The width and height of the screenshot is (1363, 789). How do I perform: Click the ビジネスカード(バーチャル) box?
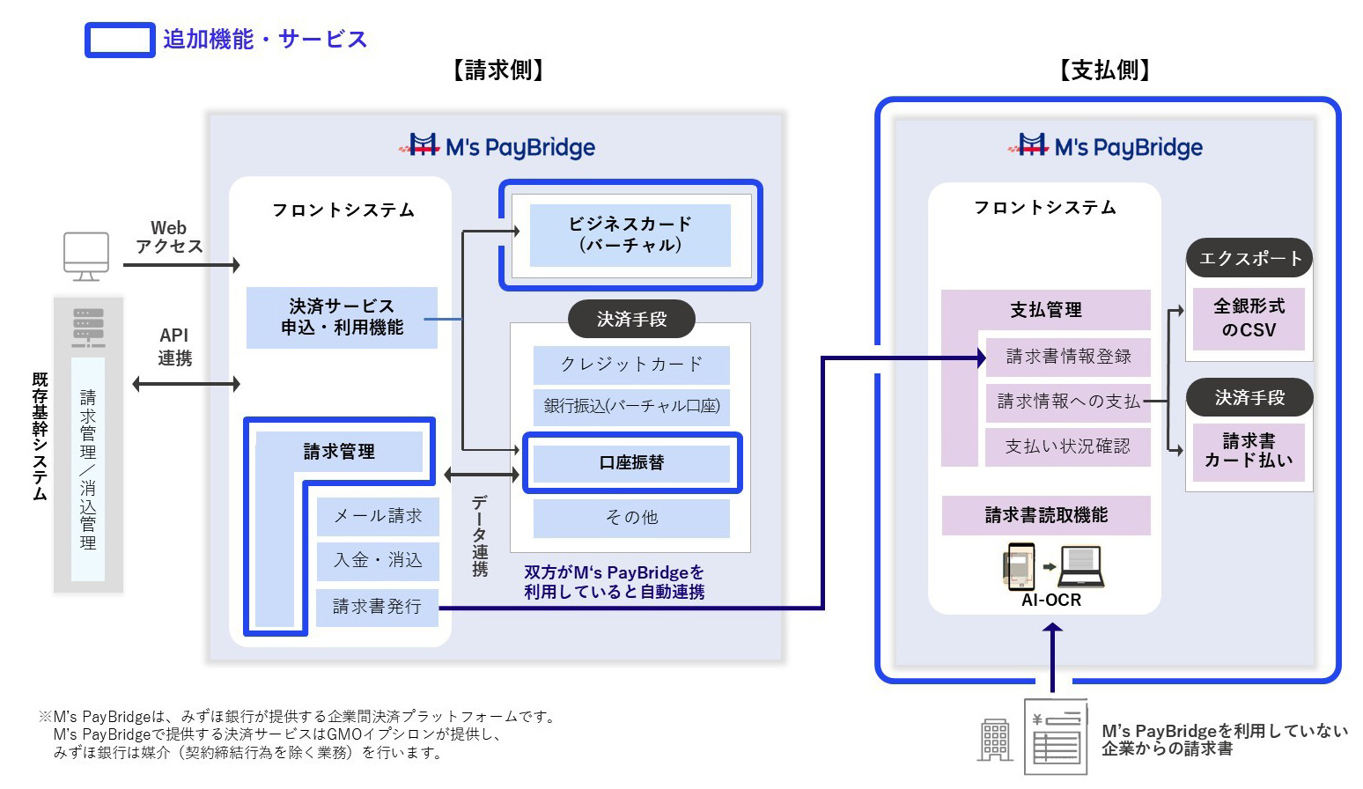(x=630, y=235)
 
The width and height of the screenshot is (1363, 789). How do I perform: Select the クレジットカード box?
(x=631, y=365)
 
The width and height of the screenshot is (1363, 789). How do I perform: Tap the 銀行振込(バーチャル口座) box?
(x=631, y=406)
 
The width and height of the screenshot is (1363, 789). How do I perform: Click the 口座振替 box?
(x=631, y=462)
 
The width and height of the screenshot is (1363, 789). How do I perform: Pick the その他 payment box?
(x=631, y=518)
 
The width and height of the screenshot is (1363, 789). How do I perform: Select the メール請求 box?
(x=378, y=516)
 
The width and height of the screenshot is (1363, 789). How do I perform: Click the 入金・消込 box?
(x=378, y=560)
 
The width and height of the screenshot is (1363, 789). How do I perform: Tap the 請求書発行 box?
(x=378, y=607)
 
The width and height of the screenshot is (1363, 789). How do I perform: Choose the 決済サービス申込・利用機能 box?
(x=342, y=317)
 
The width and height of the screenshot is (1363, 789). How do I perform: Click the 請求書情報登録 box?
(x=1068, y=357)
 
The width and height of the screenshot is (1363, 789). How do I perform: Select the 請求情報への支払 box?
(x=1068, y=402)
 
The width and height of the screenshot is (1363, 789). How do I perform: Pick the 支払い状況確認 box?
(x=1068, y=446)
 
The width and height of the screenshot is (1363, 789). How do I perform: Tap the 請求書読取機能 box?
(x=1046, y=515)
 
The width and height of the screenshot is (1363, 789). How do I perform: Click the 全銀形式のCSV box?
(x=1249, y=319)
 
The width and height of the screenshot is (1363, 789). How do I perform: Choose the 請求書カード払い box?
(x=1249, y=451)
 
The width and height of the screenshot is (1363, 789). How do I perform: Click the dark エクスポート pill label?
(x=1249, y=258)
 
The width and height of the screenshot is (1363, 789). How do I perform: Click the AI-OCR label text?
(x=1051, y=601)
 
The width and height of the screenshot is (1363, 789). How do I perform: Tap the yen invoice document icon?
(x=1056, y=736)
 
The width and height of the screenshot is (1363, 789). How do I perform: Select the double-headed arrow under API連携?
(x=186, y=384)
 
